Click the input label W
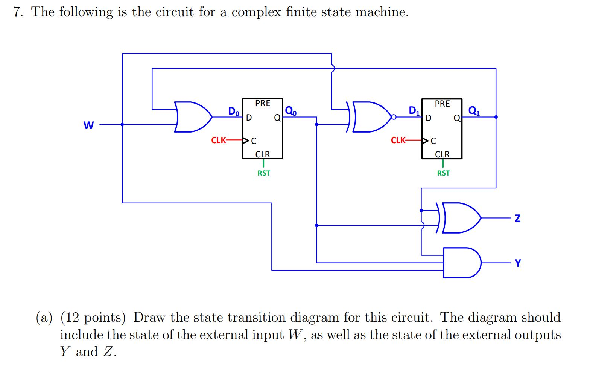click(x=88, y=125)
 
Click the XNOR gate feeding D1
click(x=371, y=117)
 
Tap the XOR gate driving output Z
click(x=461, y=218)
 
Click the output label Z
click(x=517, y=218)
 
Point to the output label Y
click(x=518, y=263)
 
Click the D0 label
click(x=234, y=111)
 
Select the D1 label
click(x=414, y=110)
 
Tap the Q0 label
click(x=290, y=110)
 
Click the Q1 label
click(x=473, y=110)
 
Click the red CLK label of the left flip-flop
click(x=218, y=141)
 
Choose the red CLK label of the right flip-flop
click(x=398, y=141)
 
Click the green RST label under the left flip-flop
click(x=263, y=173)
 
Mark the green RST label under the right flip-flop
click(x=443, y=173)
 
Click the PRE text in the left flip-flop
click(x=262, y=103)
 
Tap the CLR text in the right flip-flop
click(x=442, y=154)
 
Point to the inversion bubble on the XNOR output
click(x=394, y=117)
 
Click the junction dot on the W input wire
click(x=122, y=124)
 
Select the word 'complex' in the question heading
click(x=256, y=12)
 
